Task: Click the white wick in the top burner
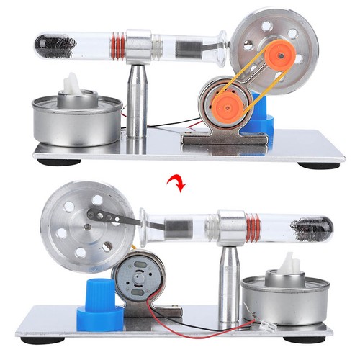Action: (73, 85)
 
